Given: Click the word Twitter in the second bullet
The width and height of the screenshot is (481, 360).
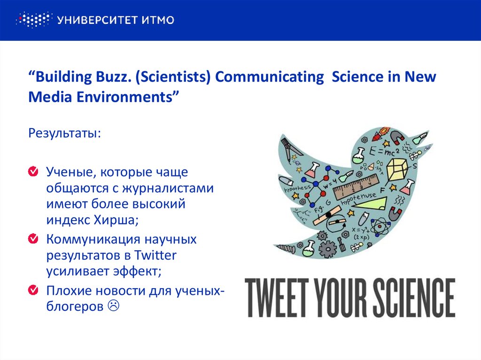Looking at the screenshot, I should point(155,256).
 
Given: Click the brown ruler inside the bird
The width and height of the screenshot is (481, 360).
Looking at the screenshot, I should point(355,186).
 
